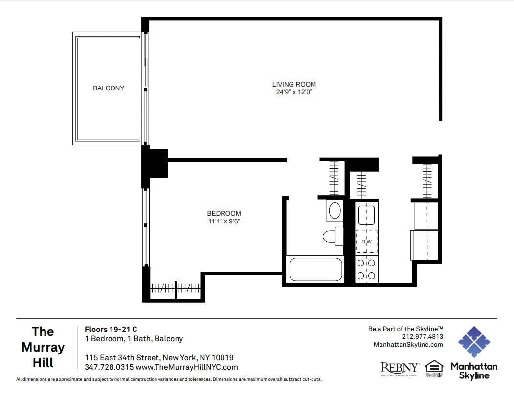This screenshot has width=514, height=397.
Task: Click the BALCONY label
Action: (109, 88)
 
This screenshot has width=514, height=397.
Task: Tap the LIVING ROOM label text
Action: (294, 84)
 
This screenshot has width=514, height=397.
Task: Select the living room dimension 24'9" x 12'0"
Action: (294, 92)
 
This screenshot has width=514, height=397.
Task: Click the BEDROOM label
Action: (224, 213)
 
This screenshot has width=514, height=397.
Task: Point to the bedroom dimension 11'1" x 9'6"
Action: (224, 221)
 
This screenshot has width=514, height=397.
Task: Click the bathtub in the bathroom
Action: (316, 269)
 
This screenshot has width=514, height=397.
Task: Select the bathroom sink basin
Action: (335, 211)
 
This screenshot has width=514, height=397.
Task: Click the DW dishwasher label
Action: (366, 242)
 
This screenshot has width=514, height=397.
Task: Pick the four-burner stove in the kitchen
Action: (366, 269)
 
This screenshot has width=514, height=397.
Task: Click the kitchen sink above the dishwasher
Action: (366, 214)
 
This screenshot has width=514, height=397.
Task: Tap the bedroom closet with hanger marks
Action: (176, 289)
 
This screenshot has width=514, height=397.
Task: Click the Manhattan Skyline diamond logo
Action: (474, 342)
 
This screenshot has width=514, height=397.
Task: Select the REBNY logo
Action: (400, 368)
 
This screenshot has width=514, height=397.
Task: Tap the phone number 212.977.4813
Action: (423, 336)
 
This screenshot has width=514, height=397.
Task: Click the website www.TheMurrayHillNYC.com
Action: (187, 367)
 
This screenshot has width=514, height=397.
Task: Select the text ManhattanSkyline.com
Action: (408, 344)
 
